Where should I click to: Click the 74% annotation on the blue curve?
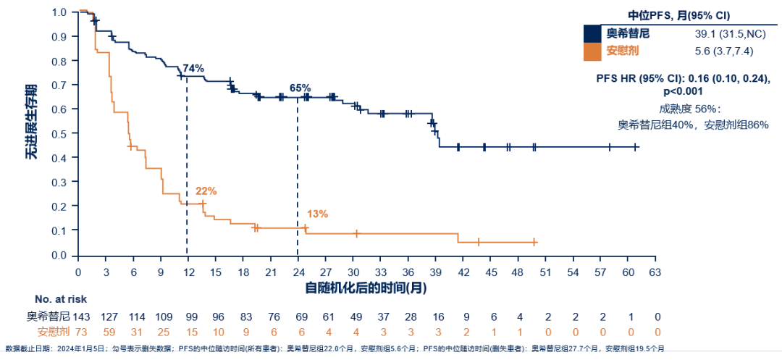pos(193,68)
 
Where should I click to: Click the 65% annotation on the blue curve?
pos(300,88)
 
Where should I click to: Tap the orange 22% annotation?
pos(206,191)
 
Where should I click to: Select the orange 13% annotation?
pos(317,214)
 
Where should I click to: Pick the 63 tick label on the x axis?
pos(655,272)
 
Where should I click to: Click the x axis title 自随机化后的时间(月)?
pos(365,287)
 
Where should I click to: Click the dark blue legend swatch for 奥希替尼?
pos(592,34)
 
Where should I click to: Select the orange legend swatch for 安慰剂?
pos(592,51)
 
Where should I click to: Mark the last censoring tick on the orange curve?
pos(534,242)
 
